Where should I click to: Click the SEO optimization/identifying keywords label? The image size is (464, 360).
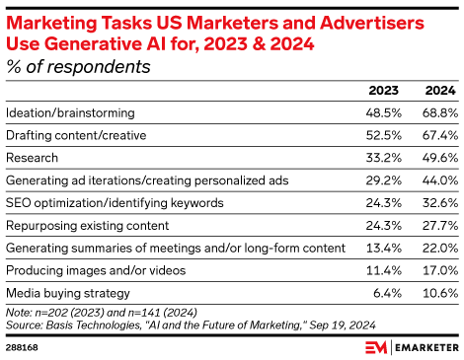coord(115,202)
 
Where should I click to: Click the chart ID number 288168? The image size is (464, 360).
coord(25,347)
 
